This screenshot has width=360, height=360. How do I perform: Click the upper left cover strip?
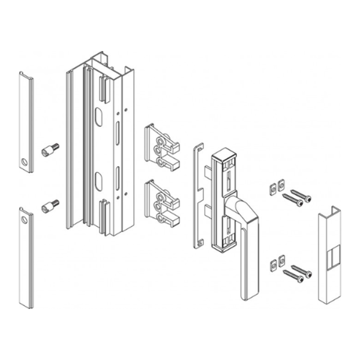[x=25, y=120]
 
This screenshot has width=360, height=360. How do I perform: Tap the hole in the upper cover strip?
[x=23, y=163]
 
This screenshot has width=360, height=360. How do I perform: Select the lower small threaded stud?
[x=49, y=206]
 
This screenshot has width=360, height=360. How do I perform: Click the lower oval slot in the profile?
[x=98, y=182]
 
